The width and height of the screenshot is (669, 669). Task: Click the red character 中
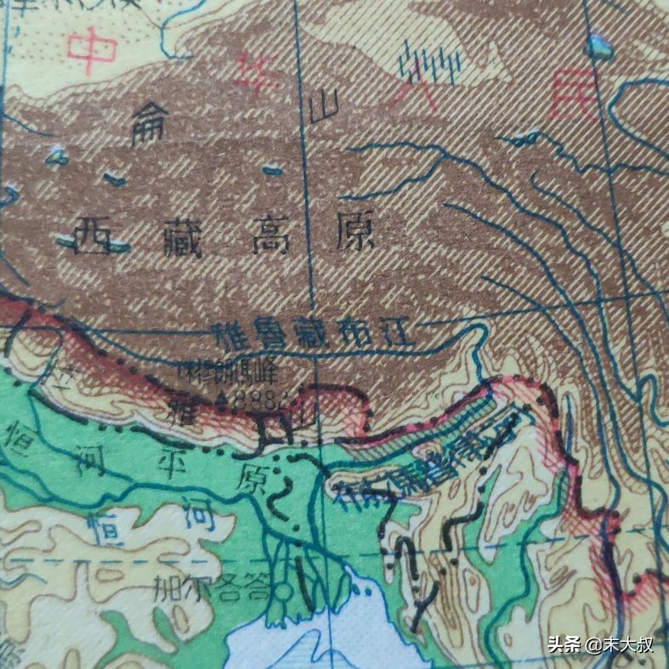(x=93, y=49)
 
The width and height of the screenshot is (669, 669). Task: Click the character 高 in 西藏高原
(x=269, y=235)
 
